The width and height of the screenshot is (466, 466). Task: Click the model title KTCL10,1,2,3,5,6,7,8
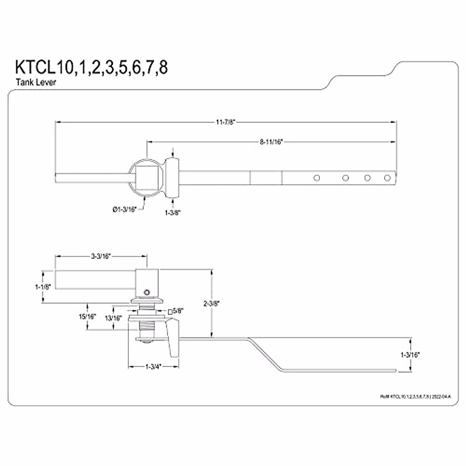coord(91,67)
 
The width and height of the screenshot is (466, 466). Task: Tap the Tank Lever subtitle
coord(36,82)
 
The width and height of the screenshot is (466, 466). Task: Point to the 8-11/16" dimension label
coord(271,142)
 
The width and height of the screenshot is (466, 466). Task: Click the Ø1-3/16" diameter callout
coord(125,210)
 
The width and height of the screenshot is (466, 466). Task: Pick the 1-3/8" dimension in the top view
coord(173,212)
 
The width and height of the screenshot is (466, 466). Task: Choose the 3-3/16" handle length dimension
coord(101,256)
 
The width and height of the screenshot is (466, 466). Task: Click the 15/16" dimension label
coord(87,316)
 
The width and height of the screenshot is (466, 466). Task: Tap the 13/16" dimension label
coord(113,318)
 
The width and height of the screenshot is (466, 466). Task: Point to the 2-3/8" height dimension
coord(212,304)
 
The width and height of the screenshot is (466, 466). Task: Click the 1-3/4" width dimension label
coord(153,366)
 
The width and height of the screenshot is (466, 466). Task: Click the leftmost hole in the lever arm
coord(317,178)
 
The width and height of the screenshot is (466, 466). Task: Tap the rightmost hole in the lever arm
coord(387,178)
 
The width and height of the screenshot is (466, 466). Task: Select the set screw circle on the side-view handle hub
coord(146,292)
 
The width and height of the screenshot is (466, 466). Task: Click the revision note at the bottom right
coord(416,396)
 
